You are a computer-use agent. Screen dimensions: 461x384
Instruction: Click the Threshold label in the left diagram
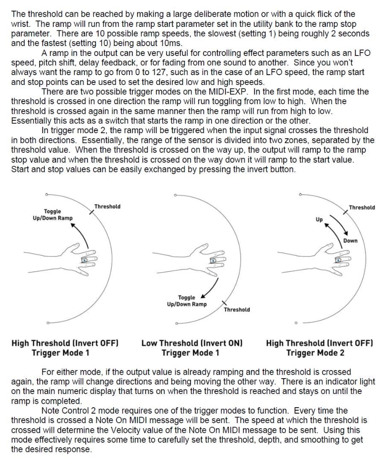(x=107, y=207)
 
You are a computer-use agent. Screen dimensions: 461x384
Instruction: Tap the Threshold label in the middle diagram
(x=237, y=309)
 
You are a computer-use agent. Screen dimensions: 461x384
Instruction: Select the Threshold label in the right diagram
(x=362, y=208)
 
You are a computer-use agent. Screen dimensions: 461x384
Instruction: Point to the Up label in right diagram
(x=319, y=220)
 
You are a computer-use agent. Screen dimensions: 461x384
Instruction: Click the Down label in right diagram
(x=350, y=241)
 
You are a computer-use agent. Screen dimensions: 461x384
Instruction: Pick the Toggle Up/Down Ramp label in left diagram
(x=53, y=215)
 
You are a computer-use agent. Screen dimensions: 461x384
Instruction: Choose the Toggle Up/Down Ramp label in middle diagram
(x=187, y=301)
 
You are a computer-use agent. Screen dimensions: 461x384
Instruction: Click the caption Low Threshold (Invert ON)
(x=192, y=343)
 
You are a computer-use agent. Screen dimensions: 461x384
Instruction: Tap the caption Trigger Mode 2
(x=315, y=353)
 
